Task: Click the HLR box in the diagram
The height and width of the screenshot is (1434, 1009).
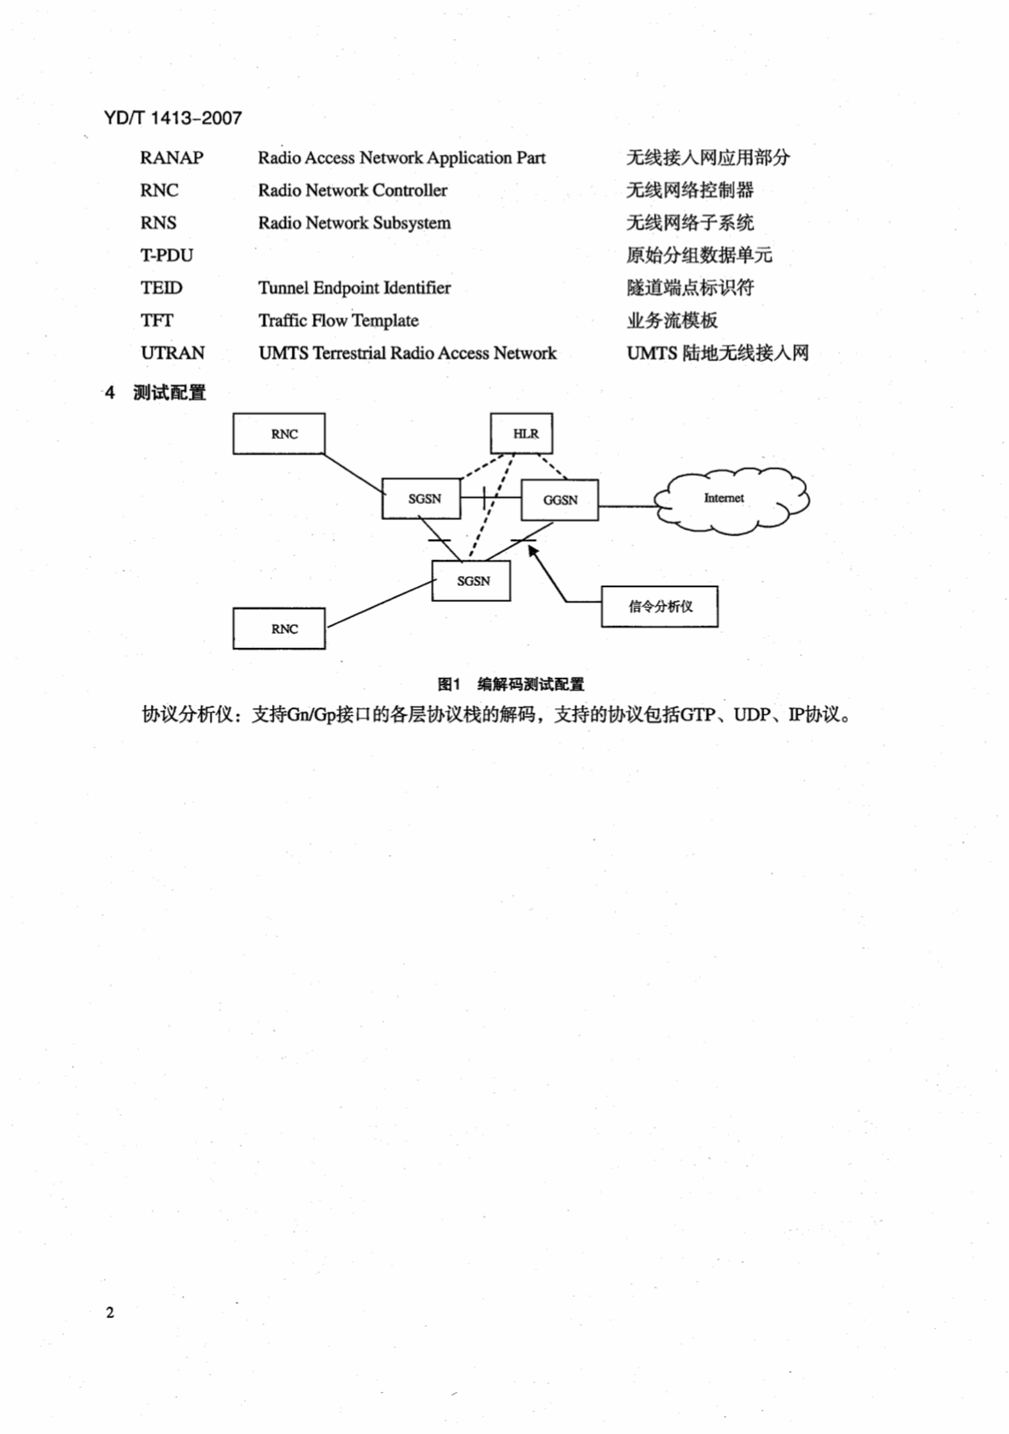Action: (x=521, y=433)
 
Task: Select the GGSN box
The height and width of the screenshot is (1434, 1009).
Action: (x=560, y=500)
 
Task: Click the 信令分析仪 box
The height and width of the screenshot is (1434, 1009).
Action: (x=659, y=606)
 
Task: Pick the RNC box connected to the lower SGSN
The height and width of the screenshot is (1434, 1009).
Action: (x=279, y=629)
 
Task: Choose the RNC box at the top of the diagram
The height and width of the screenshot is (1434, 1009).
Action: (x=279, y=433)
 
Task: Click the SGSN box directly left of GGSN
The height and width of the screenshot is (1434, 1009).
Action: (x=421, y=498)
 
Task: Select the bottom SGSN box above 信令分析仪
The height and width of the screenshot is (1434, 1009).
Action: (x=471, y=581)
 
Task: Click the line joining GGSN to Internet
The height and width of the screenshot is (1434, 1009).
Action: (x=627, y=506)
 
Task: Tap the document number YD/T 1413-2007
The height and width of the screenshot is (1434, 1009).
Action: (x=173, y=118)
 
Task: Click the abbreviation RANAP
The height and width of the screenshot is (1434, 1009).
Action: (x=172, y=158)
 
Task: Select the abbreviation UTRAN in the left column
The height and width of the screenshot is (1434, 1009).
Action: (x=173, y=353)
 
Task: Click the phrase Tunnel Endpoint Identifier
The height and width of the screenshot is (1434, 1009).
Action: (x=355, y=288)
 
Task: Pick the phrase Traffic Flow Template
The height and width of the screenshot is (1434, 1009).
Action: (x=339, y=321)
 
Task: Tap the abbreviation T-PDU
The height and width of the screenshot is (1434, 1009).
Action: (x=166, y=255)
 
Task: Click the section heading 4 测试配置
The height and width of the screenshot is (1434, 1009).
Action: (x=156, y=392)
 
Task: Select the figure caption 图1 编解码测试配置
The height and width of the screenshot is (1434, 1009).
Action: (x=511, y=684)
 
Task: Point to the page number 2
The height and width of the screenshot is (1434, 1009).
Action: (x=110, y=1313)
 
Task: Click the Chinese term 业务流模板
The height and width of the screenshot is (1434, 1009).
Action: (x=672, y=321)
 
